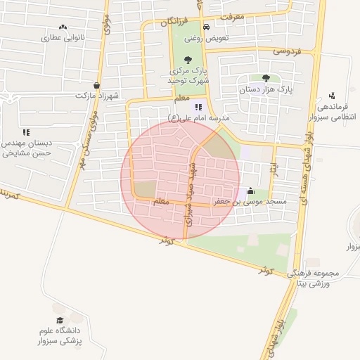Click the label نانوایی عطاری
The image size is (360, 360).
tap(63, 37)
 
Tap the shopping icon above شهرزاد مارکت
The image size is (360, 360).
tap(96, 85)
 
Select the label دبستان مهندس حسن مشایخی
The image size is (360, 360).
tap(27, 146)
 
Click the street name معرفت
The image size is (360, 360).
tap(231, 16)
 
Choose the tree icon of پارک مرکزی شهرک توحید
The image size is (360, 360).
tap(188, 60)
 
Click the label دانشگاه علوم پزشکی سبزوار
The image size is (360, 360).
tap(60, 335)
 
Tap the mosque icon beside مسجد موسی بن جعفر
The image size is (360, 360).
tap(251, 190)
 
